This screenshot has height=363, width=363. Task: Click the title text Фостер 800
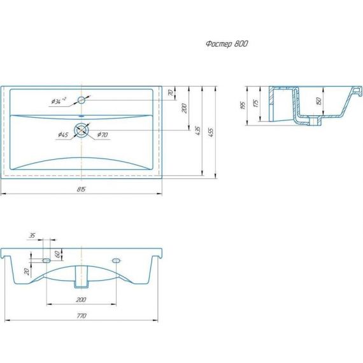coord(227,44)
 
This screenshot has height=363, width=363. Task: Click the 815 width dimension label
coord(82,189)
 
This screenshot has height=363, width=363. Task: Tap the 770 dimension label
coord(82,315)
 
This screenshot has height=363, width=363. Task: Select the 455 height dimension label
coord(211,132)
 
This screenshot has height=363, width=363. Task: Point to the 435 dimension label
coord(197,131)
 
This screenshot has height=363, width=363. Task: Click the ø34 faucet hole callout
coord(59,101)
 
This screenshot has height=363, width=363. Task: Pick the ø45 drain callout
coord(63,134)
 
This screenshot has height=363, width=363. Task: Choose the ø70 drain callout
coord(103,134)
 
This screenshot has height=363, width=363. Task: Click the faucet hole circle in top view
coord(82,100)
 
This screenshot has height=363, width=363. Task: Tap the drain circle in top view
coord(82,130)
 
